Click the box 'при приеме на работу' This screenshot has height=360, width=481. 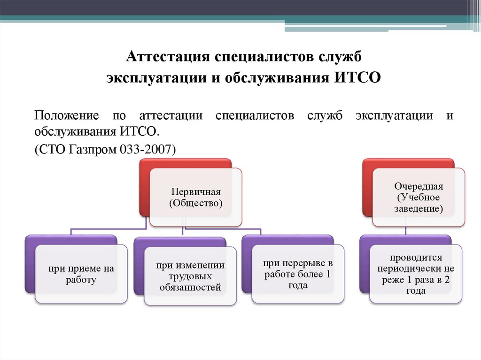pyautogui.click(x=81, y=274)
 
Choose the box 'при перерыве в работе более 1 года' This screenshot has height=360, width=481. pyautogui.click(x=298, y=274)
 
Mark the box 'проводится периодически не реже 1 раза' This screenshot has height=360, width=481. pyautogui.click(x=416, y=274)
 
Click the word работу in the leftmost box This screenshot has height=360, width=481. pyautogui.click(x=81, y=280)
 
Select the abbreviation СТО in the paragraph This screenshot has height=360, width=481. pyautogui.click(x=48, y=150)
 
